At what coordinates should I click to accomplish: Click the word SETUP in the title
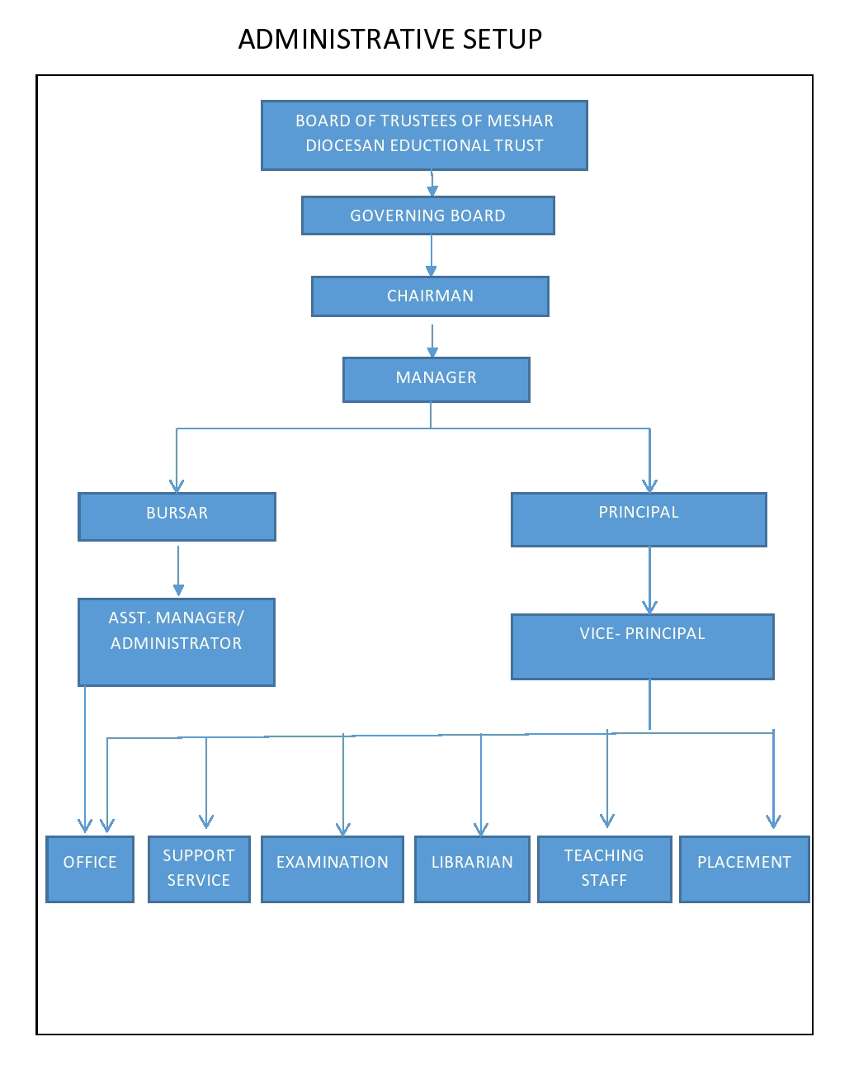coord(502,40)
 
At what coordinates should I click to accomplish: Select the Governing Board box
coord(427,215)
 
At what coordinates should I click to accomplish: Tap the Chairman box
coord(430,296)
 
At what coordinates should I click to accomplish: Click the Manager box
coord(436,380)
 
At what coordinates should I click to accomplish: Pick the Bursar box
coord(177,516)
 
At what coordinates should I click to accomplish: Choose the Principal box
coord(639,519)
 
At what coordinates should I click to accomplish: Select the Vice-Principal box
coord(642,646)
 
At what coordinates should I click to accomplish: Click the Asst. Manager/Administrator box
coord(176,642)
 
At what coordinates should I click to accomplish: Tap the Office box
coord(89,869)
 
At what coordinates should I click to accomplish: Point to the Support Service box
coord(199,869)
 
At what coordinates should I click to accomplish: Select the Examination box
coord(332,869)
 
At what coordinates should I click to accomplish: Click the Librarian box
coord(472,869)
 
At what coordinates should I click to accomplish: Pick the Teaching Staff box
coord(604,869)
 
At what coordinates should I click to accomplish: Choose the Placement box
coord(744,869)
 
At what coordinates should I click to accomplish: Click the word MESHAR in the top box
coord(520,121)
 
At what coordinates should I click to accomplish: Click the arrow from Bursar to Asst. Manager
coord(178,571)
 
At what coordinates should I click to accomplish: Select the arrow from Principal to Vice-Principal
coord(649,580)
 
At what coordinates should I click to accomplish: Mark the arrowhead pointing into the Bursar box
coord(177,485)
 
